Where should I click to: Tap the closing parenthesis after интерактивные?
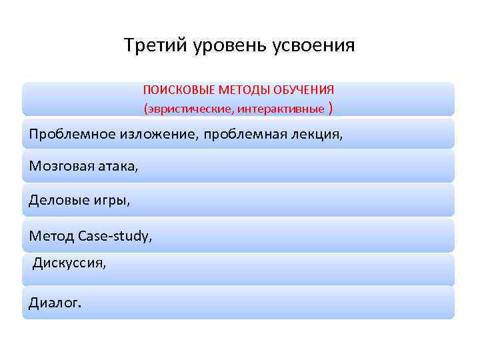pyautogui.click(x=331, y=108)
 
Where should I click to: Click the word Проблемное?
pyautogui.click(x=73, y=135)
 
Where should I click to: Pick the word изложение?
pyautogui.click(x=159, y=135)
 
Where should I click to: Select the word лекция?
pyautogui.click(x=317, y=135)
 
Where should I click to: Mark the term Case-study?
pyautogui.click(x=115, y=235)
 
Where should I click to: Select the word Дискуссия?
pyautogui.click(x=69, y=263)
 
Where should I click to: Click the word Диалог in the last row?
pyautogui.click(x=54, y=303)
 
